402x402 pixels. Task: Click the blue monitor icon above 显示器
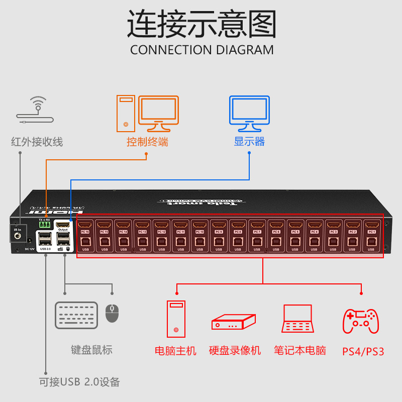point(249,111)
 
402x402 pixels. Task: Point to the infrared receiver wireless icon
point(35,111)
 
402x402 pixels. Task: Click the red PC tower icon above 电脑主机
point(176,319)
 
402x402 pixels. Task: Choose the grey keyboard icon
point(76,316)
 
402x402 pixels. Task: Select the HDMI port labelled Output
point(63,225)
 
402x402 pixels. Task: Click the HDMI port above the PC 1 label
point(372,225)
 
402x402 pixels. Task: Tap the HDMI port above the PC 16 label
point(85,225)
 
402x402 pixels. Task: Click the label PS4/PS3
point(363,351)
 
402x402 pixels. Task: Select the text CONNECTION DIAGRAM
point(202,50)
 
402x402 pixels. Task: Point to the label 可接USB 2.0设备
point(80,382)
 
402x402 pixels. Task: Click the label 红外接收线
point(37,142)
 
